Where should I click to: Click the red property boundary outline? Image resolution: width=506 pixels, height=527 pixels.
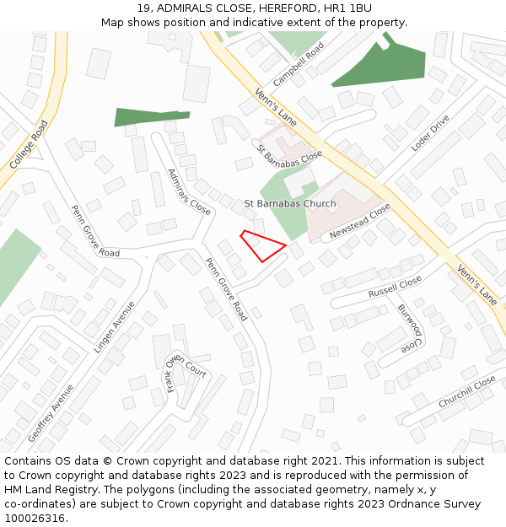tap(262, 245)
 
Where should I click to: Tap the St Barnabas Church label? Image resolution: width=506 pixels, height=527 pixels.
tap(290, 204)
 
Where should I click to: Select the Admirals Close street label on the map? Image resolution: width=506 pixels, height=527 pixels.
tap(189, 191)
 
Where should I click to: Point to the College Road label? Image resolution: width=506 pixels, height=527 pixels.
tap(30, 143)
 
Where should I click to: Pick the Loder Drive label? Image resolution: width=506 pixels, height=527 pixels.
tap(430, 133)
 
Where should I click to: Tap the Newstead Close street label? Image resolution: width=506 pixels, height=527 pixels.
tap(360, 220)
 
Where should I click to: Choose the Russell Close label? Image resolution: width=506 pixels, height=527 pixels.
tap(395, 288)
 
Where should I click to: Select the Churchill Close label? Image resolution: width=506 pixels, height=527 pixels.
tap(467, 392)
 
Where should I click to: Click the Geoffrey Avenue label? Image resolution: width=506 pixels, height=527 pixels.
tap(51, 413)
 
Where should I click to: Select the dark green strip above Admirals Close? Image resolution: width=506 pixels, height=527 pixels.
tap(152, 116)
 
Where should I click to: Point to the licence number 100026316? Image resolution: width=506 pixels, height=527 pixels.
tap(34, 519)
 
